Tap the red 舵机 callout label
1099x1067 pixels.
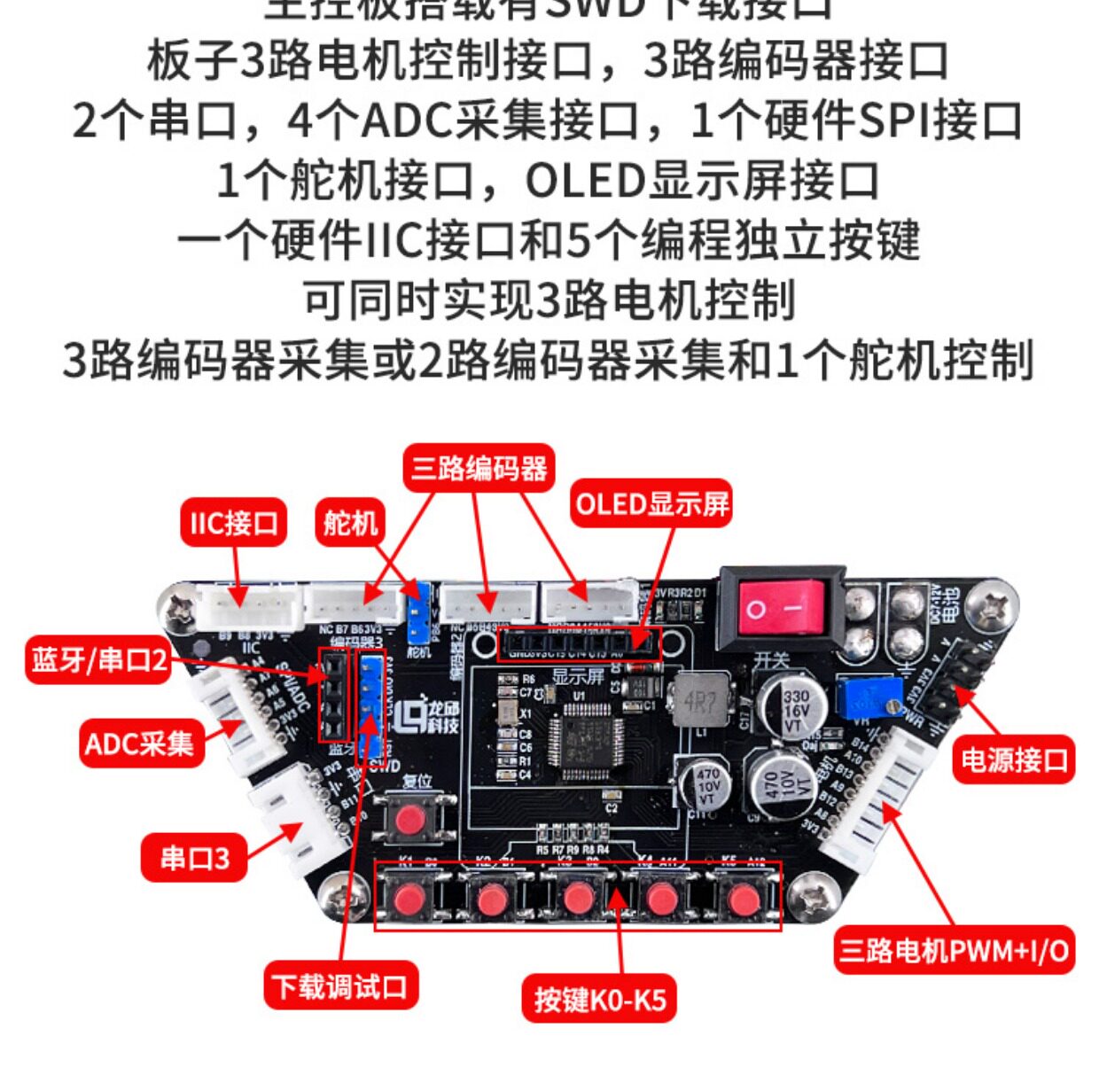tap(350, 524)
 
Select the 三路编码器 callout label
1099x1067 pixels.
tap(479, 468)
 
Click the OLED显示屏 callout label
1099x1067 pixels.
tap(652, 504)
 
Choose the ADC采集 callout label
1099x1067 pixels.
tap(139, 743)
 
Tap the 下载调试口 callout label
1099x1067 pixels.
tap(340, 985)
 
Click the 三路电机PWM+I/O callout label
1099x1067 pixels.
tap(954, 951)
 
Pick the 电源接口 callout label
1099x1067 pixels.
tap(1014, 759)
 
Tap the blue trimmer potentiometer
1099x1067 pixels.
tap(870, 697)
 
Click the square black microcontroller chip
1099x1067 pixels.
tap(581, 741)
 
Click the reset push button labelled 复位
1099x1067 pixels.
tap(409, 819)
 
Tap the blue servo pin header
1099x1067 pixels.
tap(417, 611)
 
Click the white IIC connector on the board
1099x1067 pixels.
tap(249, 608)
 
